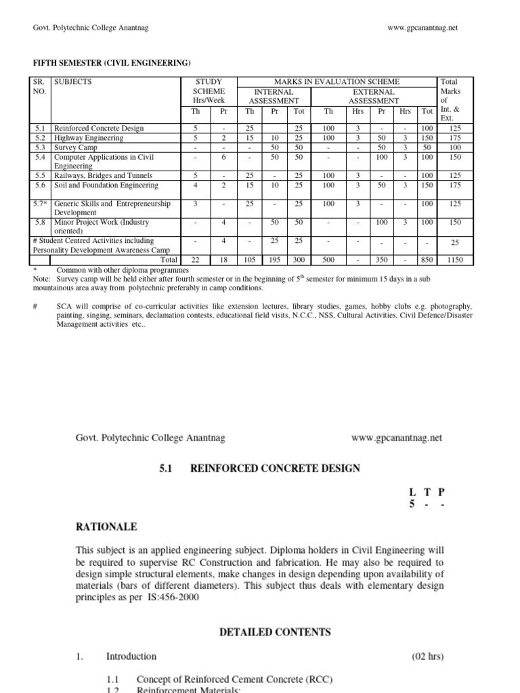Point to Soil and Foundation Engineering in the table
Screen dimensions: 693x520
(106, 185)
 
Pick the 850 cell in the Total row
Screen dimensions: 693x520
(426, 259)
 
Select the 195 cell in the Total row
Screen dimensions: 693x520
(275, 259)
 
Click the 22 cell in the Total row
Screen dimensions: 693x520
(195, 259)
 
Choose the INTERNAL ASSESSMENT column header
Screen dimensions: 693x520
(274, 96)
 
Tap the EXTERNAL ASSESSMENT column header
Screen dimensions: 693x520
(373, 96)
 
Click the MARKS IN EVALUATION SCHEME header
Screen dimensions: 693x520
(336, 82)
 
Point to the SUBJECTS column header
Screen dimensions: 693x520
(73, 82)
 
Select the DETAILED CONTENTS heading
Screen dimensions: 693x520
(274, 632)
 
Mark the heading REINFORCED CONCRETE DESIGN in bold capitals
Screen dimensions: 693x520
(274, 468)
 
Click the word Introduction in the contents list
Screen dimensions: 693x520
(131, 656)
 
